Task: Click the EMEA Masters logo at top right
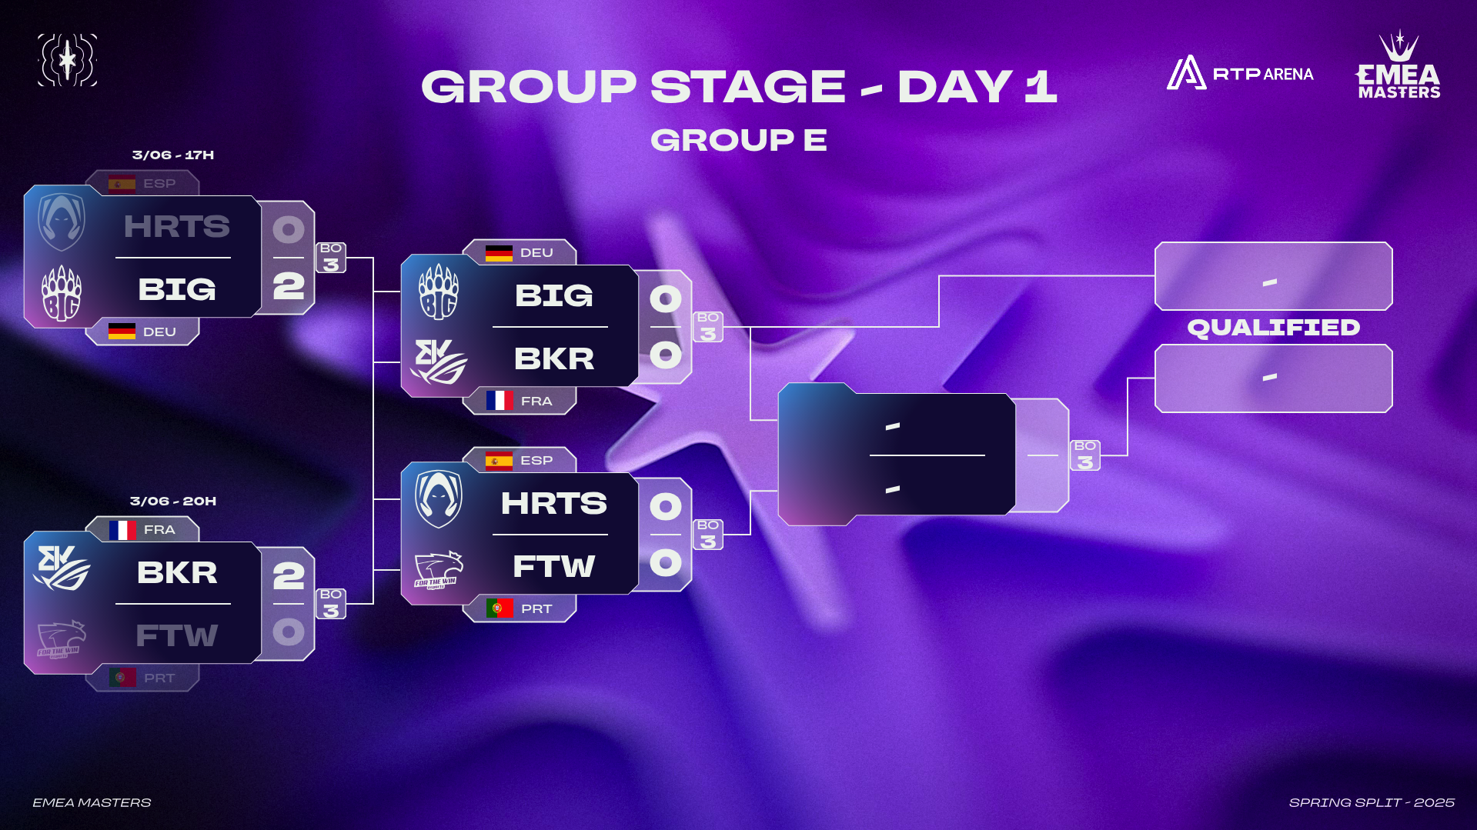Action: pyautogui.click(x=1398, y=65)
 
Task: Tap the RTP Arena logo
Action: pyautogui.click(x=1240, y=73)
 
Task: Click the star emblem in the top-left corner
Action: pyautogui.click(x=68, y=60)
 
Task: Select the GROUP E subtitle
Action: pyautogui.click(x=739, y=140)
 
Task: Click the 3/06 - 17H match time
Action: pyautogui.click(x=173, y=155)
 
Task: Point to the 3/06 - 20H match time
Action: pyautogui.click(x=173, y=501)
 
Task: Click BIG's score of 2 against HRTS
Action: pyautogui.click(x=289, y=286)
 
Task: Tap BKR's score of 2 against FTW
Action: pyautogui.click(x=289, y=575)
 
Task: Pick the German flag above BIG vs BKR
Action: pyautogui.click(x=499, y=253)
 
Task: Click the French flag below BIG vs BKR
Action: pyautogui.click(x=500, y=400)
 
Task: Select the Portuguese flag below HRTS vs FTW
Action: pyautogui.click(x=500, y=608)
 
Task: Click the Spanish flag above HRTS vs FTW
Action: pyautogui.click(x=499, y=461)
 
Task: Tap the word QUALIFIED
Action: pyautogui.click(x=1274, y=328)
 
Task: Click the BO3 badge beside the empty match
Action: pyautogui.click(x=1085, y=455)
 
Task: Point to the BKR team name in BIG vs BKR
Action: pyautogui.click(x=554, y=358)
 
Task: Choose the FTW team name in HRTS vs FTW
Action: pyautogui.click(x=554, y=566)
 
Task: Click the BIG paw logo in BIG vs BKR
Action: pyautogui.click(x=439, y=292)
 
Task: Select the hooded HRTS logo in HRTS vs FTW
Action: pyautogui.click(x=439, y=499)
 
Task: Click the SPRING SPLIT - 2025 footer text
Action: pyautogui.click(x=1372, y=802)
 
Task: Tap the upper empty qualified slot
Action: pyautogui.click(x=1274, y=276)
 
